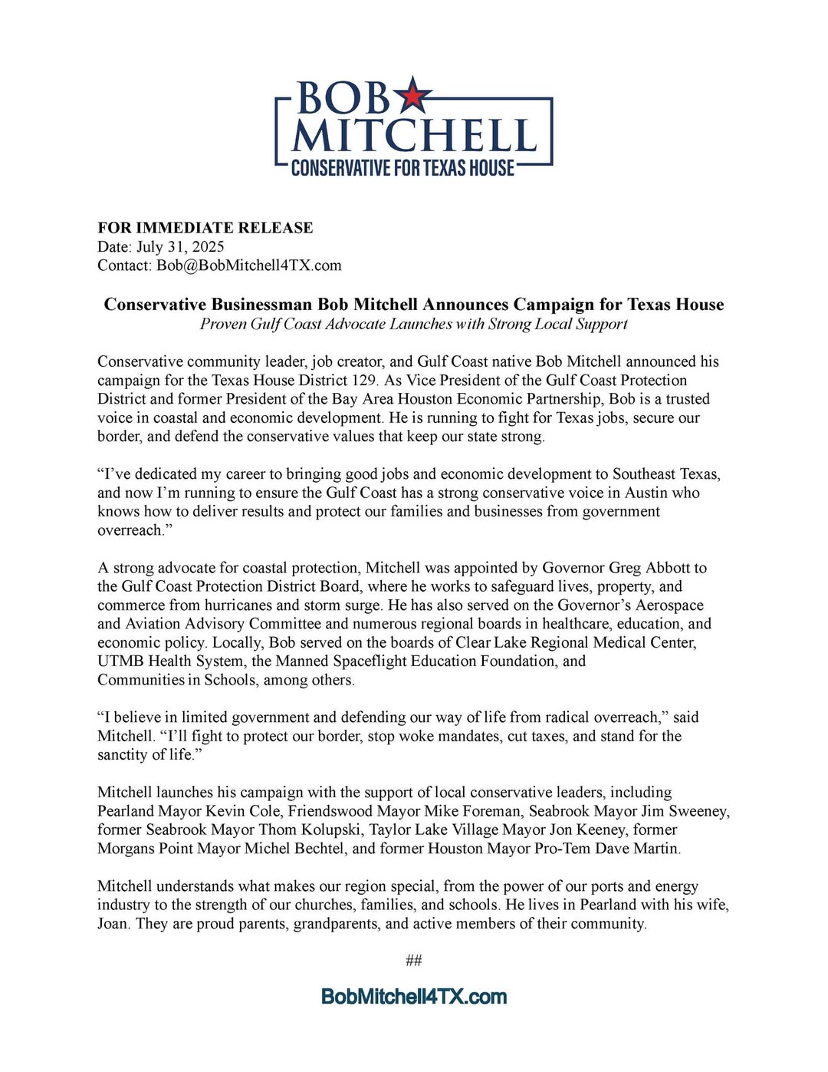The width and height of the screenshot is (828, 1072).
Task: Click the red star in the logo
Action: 412,95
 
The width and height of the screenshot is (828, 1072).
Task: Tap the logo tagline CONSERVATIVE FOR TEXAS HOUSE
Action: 402,168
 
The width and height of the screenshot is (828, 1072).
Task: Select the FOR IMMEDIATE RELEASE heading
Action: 205,228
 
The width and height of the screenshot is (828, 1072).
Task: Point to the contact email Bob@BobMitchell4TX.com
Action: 249,266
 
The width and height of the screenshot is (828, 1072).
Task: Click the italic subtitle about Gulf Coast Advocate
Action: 413,324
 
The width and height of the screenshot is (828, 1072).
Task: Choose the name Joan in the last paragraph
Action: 113,924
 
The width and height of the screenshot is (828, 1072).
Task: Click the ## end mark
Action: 414,961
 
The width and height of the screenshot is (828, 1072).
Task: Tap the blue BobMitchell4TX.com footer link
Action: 414,997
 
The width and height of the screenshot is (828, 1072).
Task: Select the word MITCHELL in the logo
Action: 413,137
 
